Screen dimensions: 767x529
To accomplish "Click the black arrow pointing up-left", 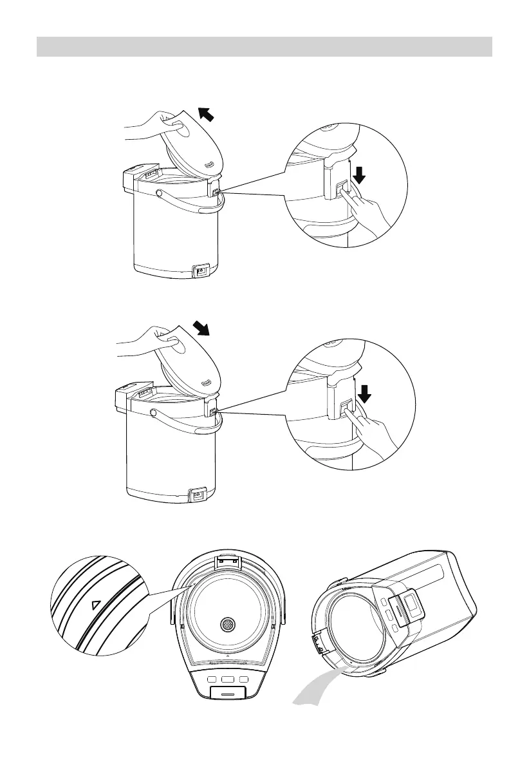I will (207, 115).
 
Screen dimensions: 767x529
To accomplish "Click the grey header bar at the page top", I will (264, 46).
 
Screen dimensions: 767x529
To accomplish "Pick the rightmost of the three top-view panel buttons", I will (243, 679).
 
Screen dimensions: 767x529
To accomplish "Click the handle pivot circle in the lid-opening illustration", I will (158, 192).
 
